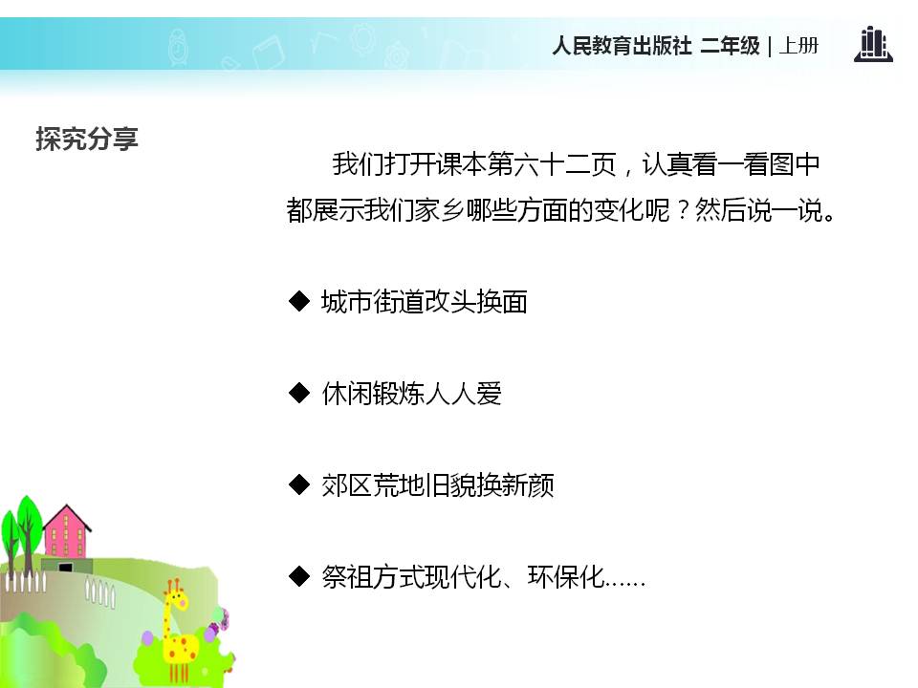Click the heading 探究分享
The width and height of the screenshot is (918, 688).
[87, 139]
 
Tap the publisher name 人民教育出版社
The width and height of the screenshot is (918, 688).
[621, 46]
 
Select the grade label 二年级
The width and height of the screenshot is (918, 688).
[730, 46]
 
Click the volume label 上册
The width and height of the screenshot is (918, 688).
[798, 46]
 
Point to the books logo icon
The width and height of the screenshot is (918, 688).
[872, 45]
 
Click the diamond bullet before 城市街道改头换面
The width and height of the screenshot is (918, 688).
[299, 302]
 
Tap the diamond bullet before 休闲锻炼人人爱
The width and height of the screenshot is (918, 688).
[299, 393]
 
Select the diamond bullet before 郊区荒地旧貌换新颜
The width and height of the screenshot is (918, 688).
[299, 484]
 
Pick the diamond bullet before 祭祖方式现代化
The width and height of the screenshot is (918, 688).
[299, 576]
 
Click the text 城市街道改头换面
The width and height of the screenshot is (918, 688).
[425, 303]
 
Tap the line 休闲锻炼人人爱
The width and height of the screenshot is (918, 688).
[412, 394]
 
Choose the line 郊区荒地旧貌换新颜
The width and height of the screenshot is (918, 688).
[438, 485]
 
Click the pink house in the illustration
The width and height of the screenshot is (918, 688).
[65, 540]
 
